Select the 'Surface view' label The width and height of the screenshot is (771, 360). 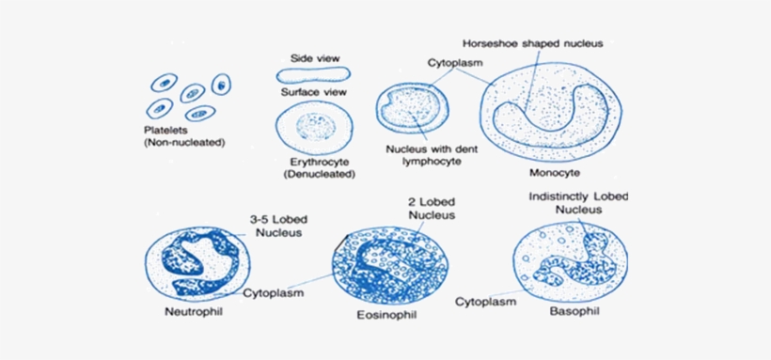pos(314,92)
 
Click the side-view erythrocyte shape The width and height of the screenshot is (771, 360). pos(312,74)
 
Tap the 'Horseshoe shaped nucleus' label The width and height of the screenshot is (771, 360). pos(531,43)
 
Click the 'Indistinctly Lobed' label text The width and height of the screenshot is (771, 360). pos(578,196)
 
